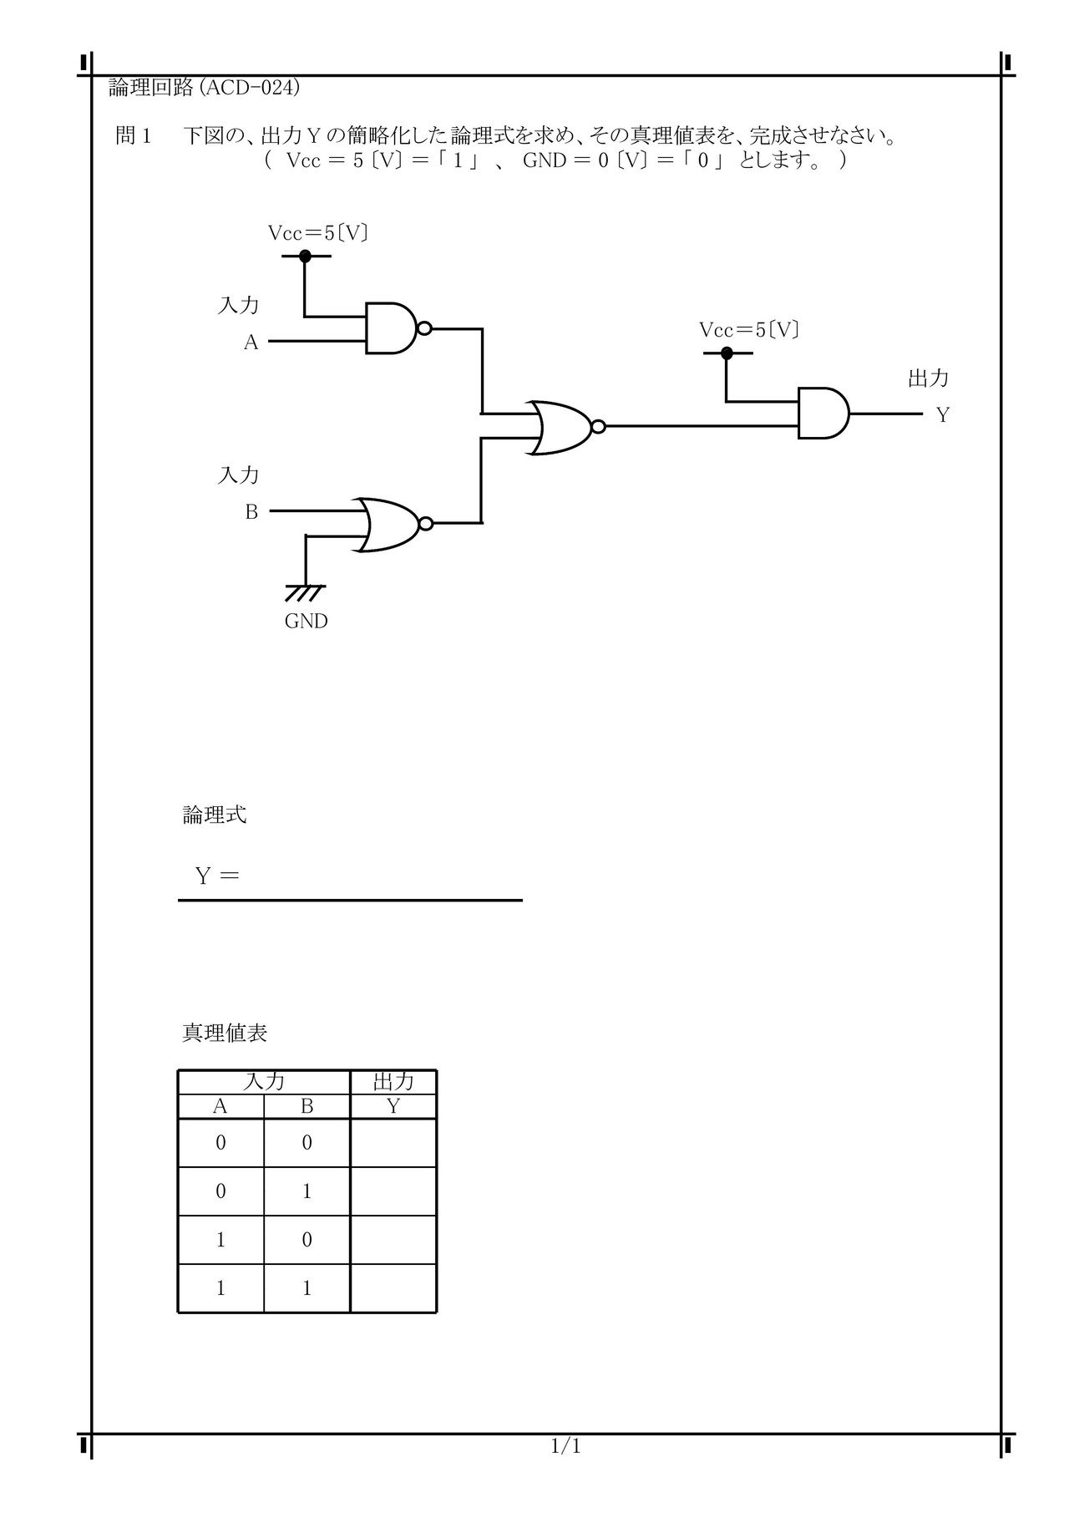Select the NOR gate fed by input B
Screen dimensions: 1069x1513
point(393,525)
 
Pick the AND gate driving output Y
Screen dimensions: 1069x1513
point(823,414)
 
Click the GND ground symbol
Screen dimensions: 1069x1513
point(305,592)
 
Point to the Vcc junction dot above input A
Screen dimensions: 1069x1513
point(305,256)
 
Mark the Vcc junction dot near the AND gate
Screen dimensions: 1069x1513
point(727,353)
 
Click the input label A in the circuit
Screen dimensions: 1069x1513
point(251,343)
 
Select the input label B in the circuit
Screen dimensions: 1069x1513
point(251,512)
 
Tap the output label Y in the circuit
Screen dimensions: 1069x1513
point(943,415)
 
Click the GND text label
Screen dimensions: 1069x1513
point(306,622)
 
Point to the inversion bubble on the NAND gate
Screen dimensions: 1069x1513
point(424,328)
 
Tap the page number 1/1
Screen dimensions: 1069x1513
point(566,1445)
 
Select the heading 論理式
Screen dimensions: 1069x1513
point(215,815)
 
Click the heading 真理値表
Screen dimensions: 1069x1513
point(225,1033)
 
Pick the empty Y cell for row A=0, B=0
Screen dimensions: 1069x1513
point(393,1143)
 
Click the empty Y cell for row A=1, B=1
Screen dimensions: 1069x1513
point(393,1288)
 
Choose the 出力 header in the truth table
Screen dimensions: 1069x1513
point(393,1082)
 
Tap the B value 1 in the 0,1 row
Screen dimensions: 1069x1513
point(307,1191)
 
